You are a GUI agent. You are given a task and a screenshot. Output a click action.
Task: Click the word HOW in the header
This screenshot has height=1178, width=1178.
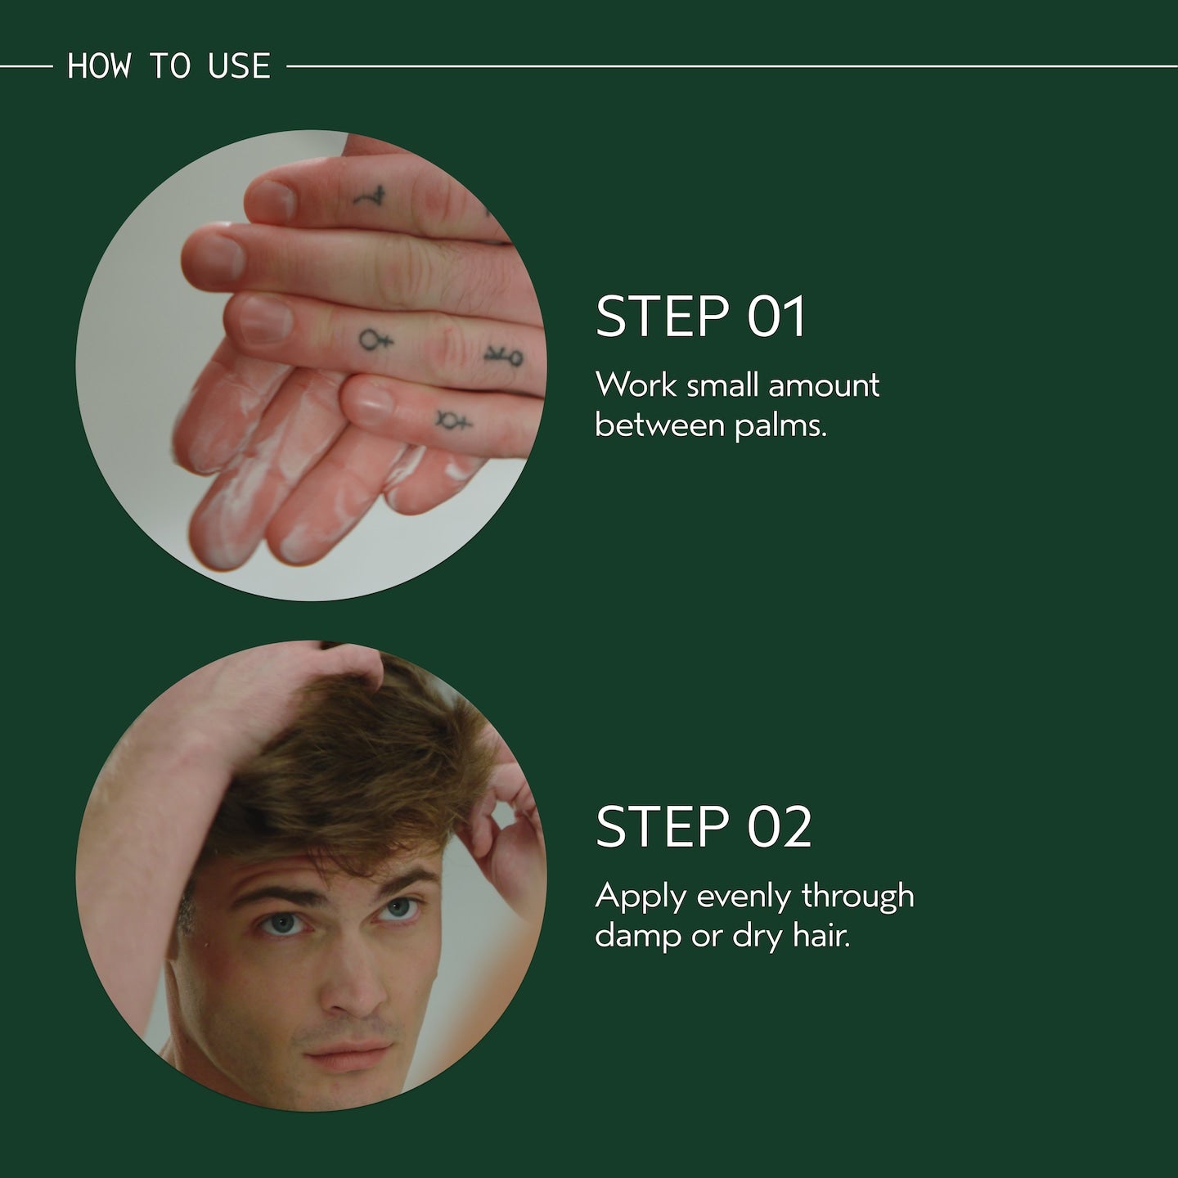(99, 65)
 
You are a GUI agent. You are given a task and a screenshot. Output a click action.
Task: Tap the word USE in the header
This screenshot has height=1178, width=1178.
(239, 65)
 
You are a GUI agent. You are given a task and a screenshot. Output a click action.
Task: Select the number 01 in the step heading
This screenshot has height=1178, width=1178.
(776, 316)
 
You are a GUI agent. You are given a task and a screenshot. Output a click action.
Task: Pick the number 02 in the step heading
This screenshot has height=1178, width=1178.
(779, 826)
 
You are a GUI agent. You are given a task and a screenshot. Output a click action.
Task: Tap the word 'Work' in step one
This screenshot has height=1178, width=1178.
(636, 386)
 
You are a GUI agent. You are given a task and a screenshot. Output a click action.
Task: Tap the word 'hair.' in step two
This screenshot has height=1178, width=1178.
(821, 936)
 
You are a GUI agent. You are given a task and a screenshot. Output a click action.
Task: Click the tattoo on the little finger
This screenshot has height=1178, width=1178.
(453, 421)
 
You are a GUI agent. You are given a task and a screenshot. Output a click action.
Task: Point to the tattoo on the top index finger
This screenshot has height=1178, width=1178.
(370, 196)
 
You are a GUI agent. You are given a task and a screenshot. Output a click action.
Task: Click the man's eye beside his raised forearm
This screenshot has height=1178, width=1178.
(283, 923)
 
